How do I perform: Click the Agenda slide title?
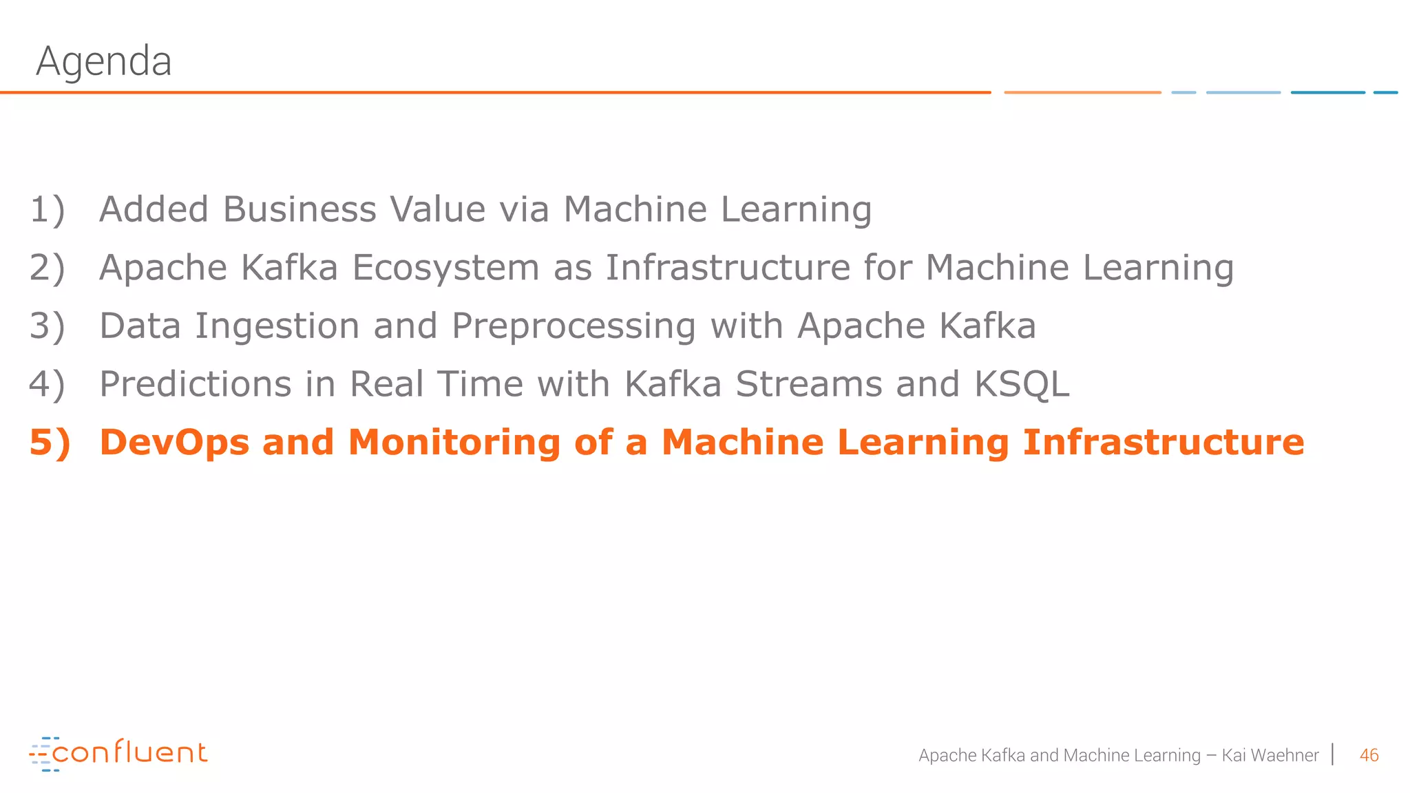pos(104,61)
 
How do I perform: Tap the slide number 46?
pos(1369,755)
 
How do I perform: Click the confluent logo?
pos(118,754)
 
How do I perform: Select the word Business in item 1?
pos(299,209)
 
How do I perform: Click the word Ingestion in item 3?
pos(277,326)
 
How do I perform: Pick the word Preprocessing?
pos(574,326)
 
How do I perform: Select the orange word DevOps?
pos(174,442)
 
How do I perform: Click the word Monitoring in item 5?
pos(454,442)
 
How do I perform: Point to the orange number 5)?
pos(50,442)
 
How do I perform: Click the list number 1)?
pos(48,209)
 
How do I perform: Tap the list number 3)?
pos(48,326)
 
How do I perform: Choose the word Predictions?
pos(196,384)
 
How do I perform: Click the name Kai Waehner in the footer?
pos(1270,755)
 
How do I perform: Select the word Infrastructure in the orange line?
pos(1163,442)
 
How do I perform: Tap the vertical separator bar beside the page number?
pos(1334,754)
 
